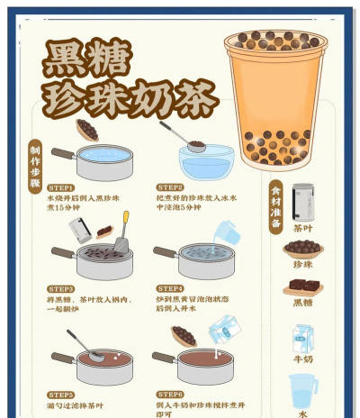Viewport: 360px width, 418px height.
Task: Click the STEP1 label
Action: tap(61, 186)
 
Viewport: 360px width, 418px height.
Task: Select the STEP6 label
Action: tap(170, 395)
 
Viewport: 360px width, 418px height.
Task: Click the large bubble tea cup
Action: tap(277, 99)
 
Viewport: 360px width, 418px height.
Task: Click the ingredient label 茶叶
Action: tap(303, 229)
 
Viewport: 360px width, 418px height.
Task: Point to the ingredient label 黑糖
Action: tap(303, 303)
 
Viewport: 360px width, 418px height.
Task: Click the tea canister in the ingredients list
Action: tap(303, 201)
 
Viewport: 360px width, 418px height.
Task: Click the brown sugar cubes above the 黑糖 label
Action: tap(302, 286)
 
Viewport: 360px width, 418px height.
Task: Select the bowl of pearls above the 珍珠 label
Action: tap(302, 249)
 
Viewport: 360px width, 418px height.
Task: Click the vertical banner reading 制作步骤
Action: tap(35, 167)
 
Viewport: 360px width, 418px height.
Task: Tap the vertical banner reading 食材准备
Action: tap(276, 206)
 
